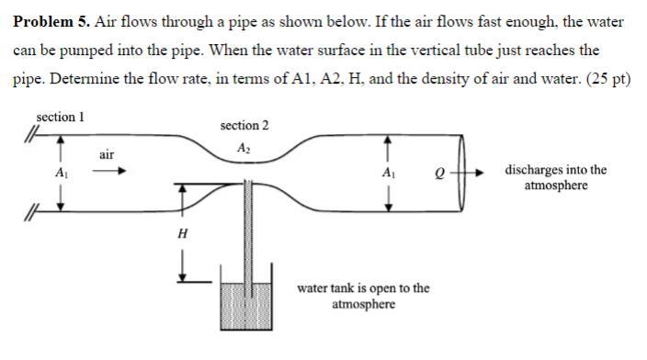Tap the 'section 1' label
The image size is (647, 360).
(60, 118)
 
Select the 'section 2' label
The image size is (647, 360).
(244, 125)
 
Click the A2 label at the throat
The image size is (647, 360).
(244, 148)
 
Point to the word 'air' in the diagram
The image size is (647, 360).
(107, 155)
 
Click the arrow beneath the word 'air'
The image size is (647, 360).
(108, 171)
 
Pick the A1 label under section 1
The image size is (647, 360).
(61, 173)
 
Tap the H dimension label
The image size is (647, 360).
(182, 234)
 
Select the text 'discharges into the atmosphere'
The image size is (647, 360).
(555, 177)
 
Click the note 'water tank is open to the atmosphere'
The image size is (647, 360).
(363, 296)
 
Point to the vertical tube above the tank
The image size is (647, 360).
(245, 230)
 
